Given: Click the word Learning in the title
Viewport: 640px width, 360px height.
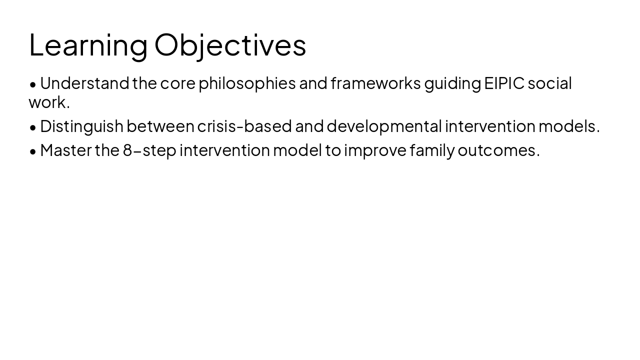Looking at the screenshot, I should [x=88, y=45].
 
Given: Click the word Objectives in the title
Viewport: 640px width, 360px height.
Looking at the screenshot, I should [x=230, y=45].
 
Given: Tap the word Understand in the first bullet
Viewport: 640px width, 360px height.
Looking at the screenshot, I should [x=84, y=83].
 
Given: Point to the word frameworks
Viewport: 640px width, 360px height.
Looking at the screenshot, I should [x=375, y=83].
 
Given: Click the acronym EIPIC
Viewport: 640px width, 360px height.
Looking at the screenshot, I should [x=504, y=83].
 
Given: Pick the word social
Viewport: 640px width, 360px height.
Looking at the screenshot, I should [x=549, y=83].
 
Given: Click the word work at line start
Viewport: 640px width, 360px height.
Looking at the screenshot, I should [x=46, y=102].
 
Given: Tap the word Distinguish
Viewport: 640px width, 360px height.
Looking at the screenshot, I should [x=81, y=126].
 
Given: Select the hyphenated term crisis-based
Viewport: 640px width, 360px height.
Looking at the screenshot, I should [x=244, y=126].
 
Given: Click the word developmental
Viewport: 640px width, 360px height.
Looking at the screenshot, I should [x=384, y=126].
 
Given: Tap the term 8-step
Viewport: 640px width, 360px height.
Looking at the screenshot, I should [x=149, y=150].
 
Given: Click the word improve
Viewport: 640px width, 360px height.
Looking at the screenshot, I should [x=375, y=150].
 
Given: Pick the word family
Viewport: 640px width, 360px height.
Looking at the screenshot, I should [x=431, y=150].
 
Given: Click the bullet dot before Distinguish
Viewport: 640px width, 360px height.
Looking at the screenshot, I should [x=33, y=127].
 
